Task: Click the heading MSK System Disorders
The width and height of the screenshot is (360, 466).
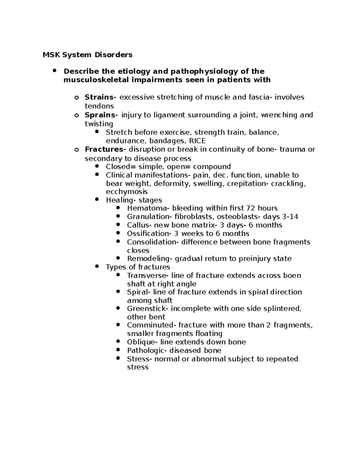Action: (x=87, y=55)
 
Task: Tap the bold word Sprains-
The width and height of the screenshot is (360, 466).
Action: (x=101, y=115)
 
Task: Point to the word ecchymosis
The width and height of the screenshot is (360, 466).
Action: (x=127, y=192)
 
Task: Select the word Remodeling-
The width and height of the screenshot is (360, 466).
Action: (x=150, y=259)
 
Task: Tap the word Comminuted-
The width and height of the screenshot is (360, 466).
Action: (x=151, y=325)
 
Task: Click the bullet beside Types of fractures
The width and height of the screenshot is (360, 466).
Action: (x=97, y=266)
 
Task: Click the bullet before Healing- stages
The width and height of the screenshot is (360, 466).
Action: (x=97, y=199)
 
